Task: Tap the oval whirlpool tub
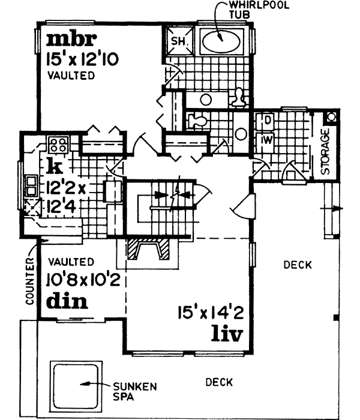[220, 40]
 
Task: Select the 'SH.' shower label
[179, 41]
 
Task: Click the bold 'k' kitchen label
[52, 165]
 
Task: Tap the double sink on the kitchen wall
[30, 187]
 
